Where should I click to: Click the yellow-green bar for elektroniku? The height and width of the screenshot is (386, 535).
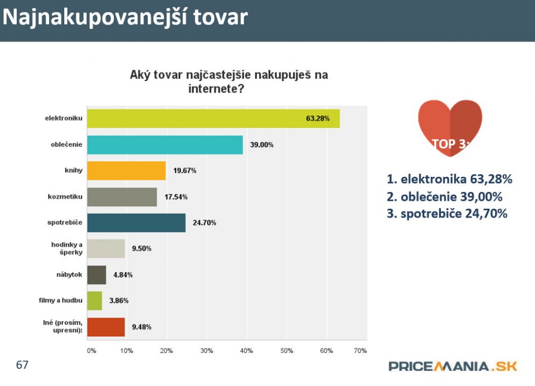click(213, 118)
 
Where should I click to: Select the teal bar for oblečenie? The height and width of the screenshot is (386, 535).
click(165, 144)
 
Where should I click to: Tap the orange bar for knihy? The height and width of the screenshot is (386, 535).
click(126, 171)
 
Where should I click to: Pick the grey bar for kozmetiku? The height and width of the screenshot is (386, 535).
click(122, 197)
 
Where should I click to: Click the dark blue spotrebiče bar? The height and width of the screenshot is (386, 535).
click(136, 223)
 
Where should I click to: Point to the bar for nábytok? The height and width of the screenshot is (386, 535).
click(97, 275)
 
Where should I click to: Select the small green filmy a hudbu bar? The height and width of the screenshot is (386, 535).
click(95, 301)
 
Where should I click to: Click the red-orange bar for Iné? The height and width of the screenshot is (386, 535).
click(106, 327)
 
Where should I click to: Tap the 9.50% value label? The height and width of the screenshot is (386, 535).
click(142, 248)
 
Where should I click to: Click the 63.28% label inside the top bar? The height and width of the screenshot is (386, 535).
click(318, 118)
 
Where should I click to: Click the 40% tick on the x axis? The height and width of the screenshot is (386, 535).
click(247, 350)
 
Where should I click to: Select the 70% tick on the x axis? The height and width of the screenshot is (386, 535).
click(360, 350)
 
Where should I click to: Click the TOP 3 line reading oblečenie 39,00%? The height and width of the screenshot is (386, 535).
click(445, 197)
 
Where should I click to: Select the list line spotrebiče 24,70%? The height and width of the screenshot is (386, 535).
click(447, 213)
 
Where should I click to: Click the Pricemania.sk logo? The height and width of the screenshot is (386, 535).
click(452, 366)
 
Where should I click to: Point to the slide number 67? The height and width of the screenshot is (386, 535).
click(22, 365)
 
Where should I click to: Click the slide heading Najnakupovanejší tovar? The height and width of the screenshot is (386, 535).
click(125, 17)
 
